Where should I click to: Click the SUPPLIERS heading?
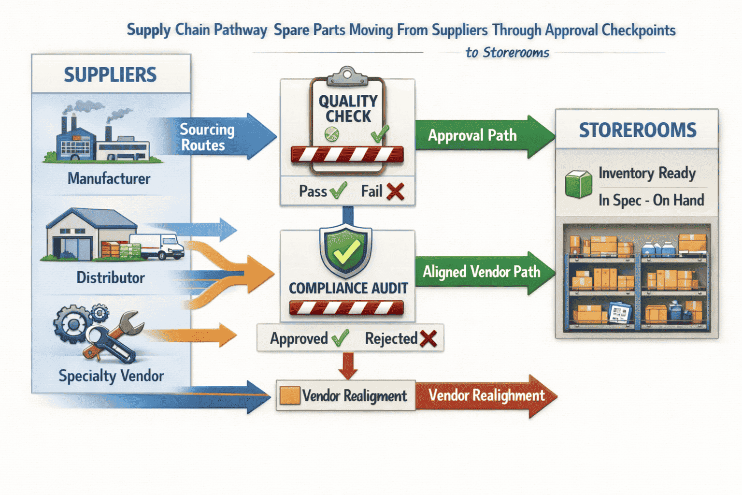tap(110, 75)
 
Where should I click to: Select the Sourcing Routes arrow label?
tap(207, 137)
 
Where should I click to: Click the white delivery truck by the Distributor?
tap(162, 247)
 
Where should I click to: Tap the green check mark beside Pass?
tap(338, 191)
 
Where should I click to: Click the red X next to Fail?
tap(395, 191)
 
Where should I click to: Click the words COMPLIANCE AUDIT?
tap(348, 288)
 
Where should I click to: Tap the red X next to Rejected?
tap(428, 339)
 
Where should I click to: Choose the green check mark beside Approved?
tap(340, 338)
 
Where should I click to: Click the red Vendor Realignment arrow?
tap(486, 395)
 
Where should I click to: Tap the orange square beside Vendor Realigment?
tap(290, 395)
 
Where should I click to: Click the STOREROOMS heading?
tap(637, 130)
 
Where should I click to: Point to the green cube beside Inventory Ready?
tap(578, 185)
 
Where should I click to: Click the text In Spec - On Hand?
tap(651, 200)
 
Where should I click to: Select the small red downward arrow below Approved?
tap(348, 366)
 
